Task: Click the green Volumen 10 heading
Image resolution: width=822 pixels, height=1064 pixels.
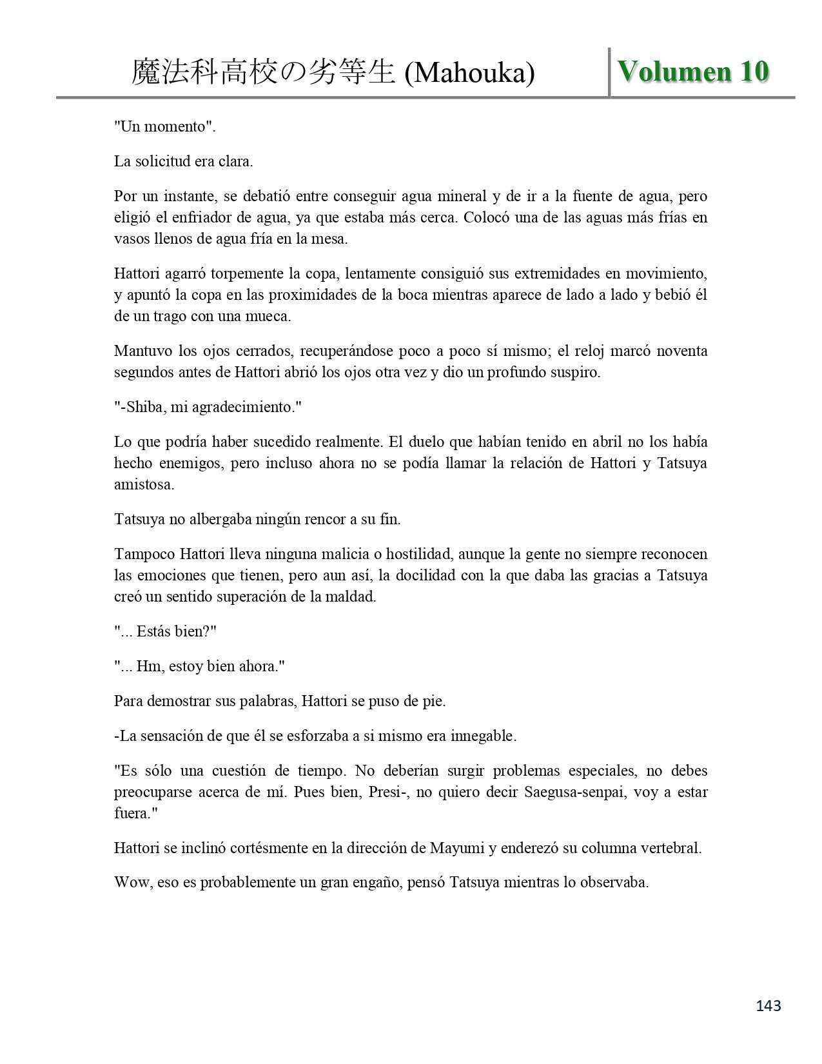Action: click(x=693, y=72)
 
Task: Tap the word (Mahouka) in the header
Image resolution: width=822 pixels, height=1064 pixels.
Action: click(x=470, y=74)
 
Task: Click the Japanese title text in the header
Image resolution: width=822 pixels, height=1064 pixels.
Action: click(x=263, y=72)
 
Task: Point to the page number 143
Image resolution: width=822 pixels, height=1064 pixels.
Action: click(x=767, y=1005)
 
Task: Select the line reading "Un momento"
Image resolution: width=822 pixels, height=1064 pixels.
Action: click(x=164, y=126)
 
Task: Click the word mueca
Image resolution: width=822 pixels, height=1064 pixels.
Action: click(x=269, y=317)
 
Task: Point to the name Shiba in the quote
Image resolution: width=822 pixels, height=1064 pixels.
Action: click(x=139, y=408)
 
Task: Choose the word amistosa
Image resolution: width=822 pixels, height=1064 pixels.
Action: click(x=144, y=485)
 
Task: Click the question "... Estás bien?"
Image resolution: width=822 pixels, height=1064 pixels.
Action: click(x=165, y=632)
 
